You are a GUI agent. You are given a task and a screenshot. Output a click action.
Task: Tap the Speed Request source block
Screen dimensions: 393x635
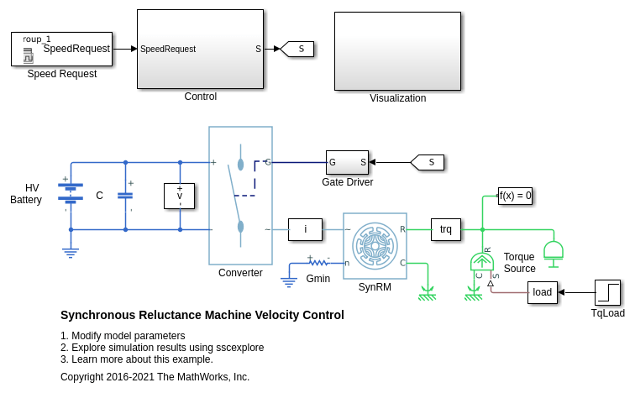point(61,49)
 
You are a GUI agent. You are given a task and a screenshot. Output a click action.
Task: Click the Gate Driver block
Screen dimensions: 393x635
point(347,162)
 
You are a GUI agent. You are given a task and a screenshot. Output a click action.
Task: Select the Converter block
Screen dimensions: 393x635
point(240,195)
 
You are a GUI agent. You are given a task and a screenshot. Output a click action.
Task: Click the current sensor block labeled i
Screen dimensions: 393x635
point(305,229)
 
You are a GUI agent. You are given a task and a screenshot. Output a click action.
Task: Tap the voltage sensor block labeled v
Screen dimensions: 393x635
point(179,196)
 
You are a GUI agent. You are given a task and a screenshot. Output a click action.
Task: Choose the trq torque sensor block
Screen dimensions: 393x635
point(446,229)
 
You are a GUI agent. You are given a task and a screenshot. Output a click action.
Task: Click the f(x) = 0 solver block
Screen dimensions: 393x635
point(515,196)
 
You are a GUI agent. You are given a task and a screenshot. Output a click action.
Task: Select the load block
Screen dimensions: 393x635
point(543,292)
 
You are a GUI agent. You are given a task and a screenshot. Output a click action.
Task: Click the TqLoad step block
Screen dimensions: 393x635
point(607,292)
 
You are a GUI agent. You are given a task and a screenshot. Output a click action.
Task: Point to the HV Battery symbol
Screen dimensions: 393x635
point(71,194)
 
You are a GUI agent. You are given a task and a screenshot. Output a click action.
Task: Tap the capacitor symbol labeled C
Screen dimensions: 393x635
point(125,195)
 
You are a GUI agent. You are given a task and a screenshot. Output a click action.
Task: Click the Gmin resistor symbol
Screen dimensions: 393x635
point(318,263)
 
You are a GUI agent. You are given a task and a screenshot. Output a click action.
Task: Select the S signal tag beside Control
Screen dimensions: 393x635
point(297,49)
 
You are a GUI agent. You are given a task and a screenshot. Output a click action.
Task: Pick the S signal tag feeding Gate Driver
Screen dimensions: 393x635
point(428,162)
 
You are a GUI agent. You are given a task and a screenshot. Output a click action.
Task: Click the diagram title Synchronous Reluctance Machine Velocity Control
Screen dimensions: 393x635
point(202,316)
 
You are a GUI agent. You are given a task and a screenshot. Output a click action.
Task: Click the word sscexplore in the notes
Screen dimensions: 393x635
point(238,348)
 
